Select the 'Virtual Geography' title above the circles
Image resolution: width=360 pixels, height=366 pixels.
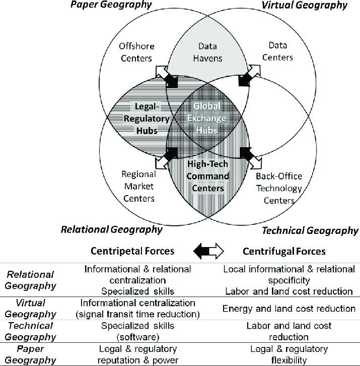click(305, 6)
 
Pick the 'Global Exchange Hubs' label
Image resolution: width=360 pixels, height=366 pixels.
click(208, 118)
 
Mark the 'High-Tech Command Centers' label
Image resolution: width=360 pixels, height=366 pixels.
click(208, 176)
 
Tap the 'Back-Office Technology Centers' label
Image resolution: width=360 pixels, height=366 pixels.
click(278, 189)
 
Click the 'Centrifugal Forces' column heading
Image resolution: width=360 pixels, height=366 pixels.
click(284, 251)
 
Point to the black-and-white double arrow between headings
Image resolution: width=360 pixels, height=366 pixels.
click(207, 251)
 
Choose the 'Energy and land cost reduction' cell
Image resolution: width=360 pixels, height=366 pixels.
click(289, 308)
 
